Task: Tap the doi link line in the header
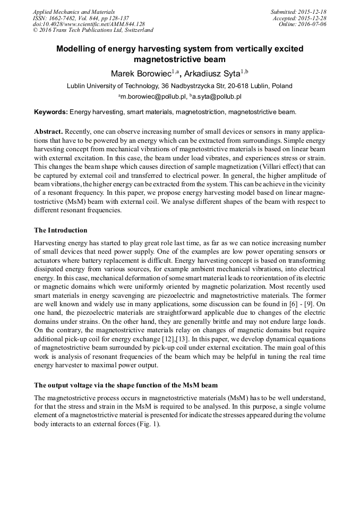[89, 24]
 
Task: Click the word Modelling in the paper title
[78, 49]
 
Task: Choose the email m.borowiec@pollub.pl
[153, 97]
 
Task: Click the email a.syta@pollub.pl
[216, 97]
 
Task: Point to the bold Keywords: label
[51, 112]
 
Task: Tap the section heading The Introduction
[61, 230]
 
